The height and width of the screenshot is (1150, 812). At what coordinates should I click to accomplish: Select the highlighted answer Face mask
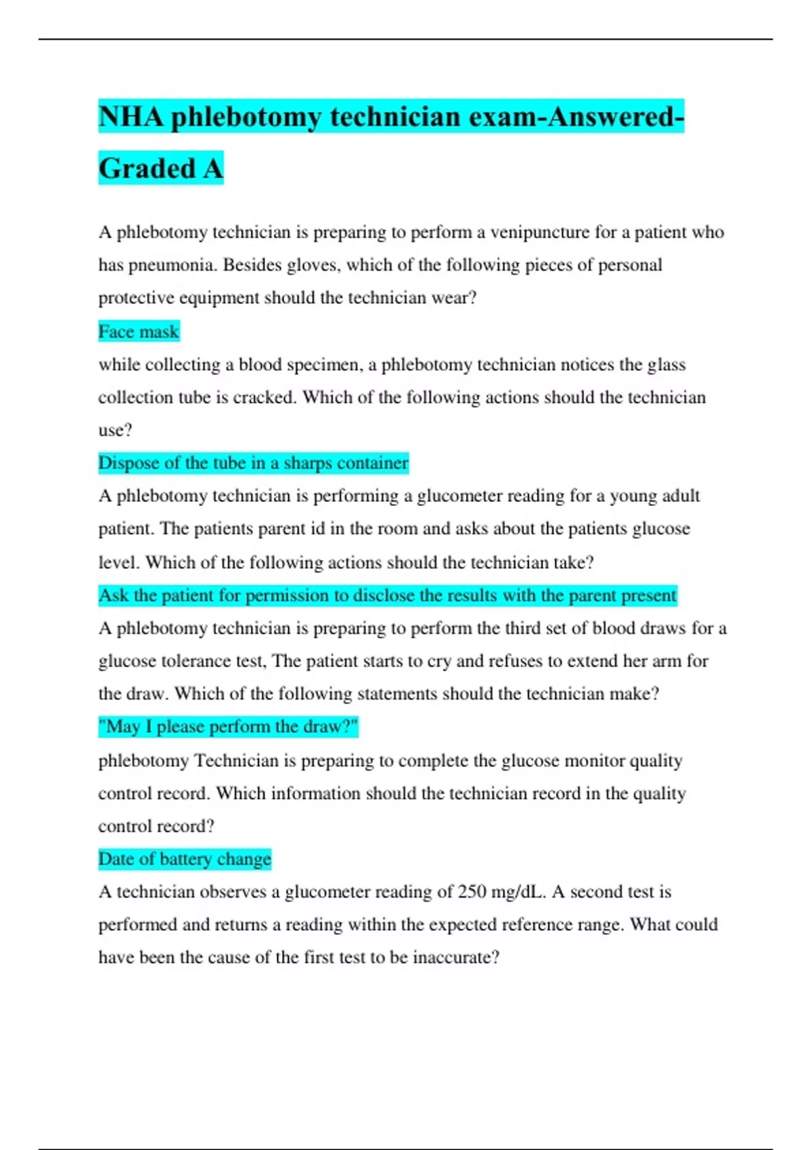click(x=139, y=331)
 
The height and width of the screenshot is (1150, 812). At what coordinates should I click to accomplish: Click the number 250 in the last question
click(x=472, y=892)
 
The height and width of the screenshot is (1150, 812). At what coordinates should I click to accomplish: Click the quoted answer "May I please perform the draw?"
click(x=228, y=727)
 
